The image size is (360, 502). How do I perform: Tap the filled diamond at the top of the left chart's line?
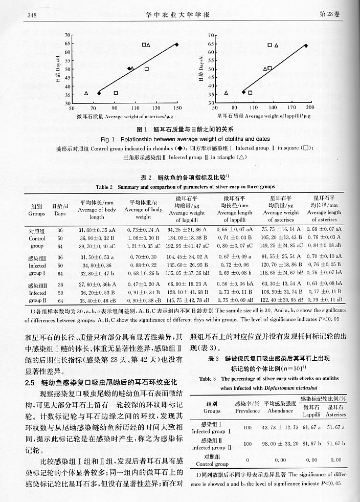[x=177, y=45]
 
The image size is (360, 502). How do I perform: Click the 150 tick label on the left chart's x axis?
[x=177, y=109]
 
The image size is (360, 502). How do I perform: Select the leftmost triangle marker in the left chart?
[x=86, y=93]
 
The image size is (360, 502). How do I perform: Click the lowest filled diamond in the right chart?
[x=244, y=92]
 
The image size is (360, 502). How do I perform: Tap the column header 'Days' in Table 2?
[x=60, y=213]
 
